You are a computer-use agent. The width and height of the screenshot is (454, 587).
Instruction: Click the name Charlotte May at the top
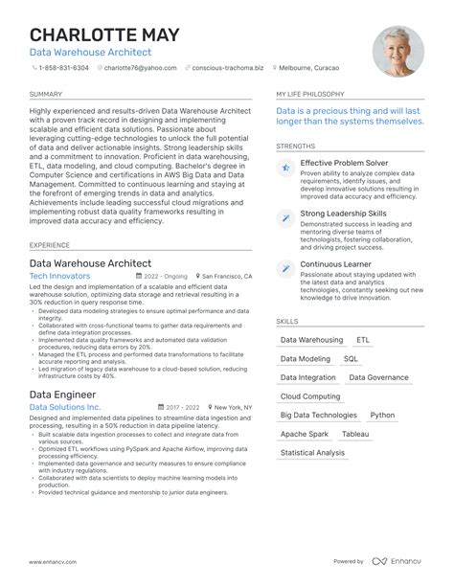click(104, 35)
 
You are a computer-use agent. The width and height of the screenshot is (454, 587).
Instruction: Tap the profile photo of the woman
click(397, 52)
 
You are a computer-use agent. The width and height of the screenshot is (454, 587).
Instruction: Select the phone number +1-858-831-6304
click(66, 68)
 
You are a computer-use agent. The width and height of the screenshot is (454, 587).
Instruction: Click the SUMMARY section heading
click(46, 95)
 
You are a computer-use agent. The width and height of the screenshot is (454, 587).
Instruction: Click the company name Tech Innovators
click(60, 276)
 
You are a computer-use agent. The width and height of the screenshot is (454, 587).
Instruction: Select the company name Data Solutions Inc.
click(65, 407)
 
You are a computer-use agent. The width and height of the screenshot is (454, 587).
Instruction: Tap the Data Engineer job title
click(63, 394)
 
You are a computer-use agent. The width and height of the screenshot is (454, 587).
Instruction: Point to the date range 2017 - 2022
click(172, 407)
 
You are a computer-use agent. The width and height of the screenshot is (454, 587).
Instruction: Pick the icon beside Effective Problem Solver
click(285, 168)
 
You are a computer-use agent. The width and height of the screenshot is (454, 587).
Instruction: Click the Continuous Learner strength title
click(336, 263)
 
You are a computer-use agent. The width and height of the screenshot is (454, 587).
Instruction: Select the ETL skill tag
click(362, 340)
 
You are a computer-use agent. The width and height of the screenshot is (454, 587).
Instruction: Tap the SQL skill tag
click(351, 359)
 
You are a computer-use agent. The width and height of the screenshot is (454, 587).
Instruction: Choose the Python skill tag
click(382, 416)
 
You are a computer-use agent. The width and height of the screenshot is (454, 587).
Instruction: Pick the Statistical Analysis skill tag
click(312, 453)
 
